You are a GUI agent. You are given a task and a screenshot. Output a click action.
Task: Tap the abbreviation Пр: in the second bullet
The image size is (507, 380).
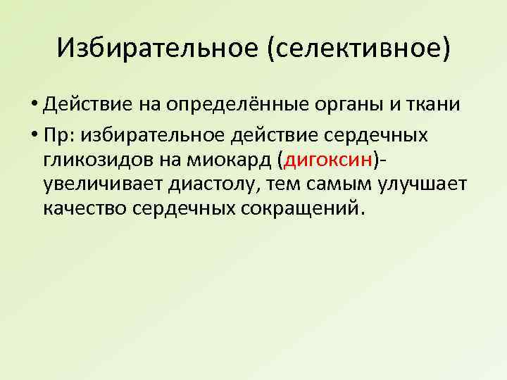(58, 132)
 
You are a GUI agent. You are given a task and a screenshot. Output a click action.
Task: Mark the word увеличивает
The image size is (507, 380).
(100, 185)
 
